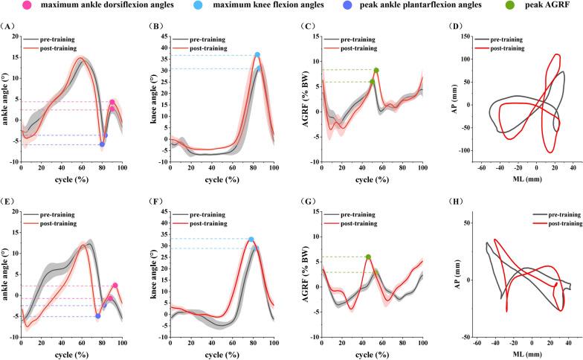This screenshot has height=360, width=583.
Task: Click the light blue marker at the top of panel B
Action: pos(257,55)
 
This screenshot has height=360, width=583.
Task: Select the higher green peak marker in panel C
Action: pos(376,71)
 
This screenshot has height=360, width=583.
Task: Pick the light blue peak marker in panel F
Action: pos(251,240)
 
